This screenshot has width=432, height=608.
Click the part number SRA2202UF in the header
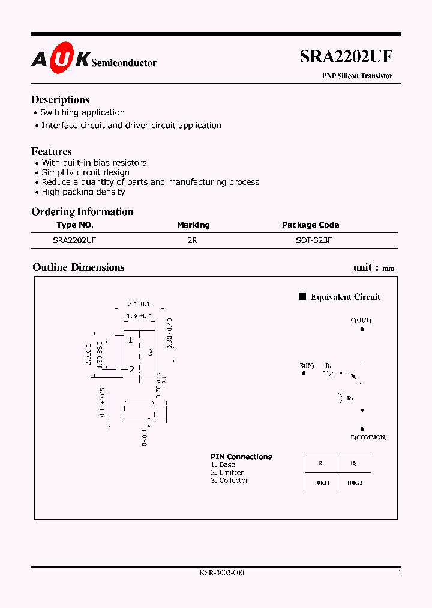(x=346, y=57)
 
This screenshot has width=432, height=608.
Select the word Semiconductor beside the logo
(x=124, y=62)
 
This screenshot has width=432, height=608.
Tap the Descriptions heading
(x=60, y=100)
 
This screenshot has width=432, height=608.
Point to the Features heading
(x=52, y=151)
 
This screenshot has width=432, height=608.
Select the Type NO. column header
(x=75, y=225)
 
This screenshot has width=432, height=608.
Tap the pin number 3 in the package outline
(x=151, y=353)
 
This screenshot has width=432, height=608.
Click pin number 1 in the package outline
(x=130, y=340)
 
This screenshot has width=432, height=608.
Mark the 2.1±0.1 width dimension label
(x=139, y=304)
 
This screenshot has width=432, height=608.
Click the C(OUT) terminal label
(x=361, y=320)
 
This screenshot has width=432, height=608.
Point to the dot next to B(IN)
(x=304, y=373)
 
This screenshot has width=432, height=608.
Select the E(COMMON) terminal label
(x=368, y=437)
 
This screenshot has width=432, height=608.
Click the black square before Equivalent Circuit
(x=302, y=296)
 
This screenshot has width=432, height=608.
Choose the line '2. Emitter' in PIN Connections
(x=227, y=473)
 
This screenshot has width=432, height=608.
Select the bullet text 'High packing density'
(x=83, y=192)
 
